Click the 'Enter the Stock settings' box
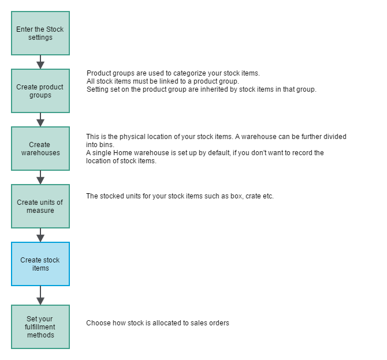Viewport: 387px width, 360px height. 40,33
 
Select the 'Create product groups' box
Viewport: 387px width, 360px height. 40,91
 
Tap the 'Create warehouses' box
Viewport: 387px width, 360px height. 40,149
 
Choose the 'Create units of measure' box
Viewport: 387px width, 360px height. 40,207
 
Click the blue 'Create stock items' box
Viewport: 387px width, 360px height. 40,264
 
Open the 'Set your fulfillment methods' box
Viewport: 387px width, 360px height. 40,327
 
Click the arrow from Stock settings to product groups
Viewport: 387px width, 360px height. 40,62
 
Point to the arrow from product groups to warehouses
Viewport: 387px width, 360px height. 40,119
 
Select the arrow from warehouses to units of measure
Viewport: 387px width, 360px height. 40,177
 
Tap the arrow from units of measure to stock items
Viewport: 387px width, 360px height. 40,235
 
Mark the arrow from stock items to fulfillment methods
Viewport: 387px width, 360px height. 40,295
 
